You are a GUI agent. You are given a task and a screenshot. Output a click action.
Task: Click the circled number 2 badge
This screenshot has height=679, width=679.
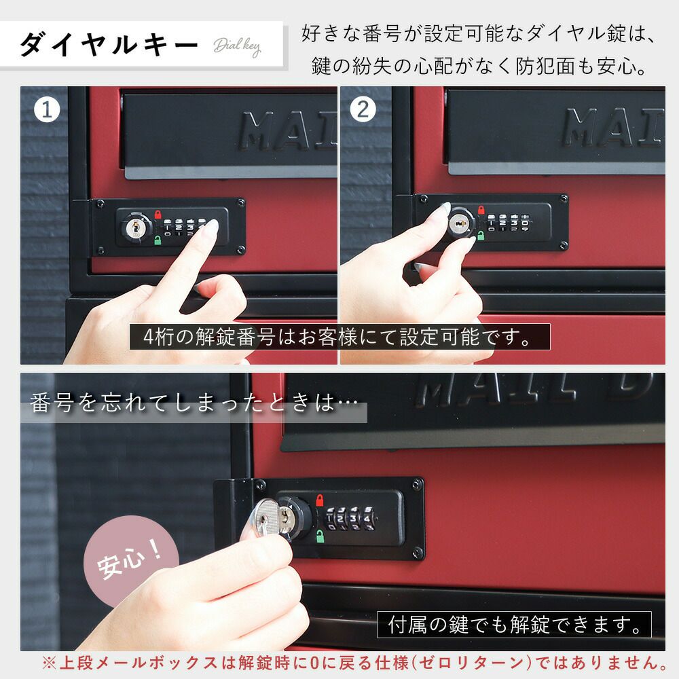(x=363, y=109)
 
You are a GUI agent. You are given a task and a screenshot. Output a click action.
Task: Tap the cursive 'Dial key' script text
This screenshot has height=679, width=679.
(x=237, y=46)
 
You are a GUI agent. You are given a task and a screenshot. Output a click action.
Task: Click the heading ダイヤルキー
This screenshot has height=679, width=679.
(x=109, y=44)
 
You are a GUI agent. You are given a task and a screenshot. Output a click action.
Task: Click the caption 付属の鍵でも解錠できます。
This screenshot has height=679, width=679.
(x=514, y=625)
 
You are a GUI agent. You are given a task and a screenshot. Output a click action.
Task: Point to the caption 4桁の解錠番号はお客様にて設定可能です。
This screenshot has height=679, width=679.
(x=339, y=337)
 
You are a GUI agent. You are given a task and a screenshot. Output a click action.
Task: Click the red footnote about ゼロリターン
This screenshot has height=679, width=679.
(x=355, y=663)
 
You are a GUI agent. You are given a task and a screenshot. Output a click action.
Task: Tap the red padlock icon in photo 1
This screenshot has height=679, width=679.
(x=158, y=215)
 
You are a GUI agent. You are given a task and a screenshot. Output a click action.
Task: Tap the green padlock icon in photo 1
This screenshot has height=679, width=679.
(x=158, y=240)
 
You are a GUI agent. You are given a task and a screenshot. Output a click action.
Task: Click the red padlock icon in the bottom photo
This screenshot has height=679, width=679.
(x=320, y=500)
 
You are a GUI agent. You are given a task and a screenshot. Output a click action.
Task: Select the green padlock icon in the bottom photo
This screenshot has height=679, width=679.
(x=320, y=536)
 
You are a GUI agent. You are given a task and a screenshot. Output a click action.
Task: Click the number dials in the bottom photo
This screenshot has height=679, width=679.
(x=350, y=518)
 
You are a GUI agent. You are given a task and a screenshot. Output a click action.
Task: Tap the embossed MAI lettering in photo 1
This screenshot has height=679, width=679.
(x=287, y=130)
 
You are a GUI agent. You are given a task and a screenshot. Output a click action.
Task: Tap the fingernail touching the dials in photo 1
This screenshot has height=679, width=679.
(x=211, y=225)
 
